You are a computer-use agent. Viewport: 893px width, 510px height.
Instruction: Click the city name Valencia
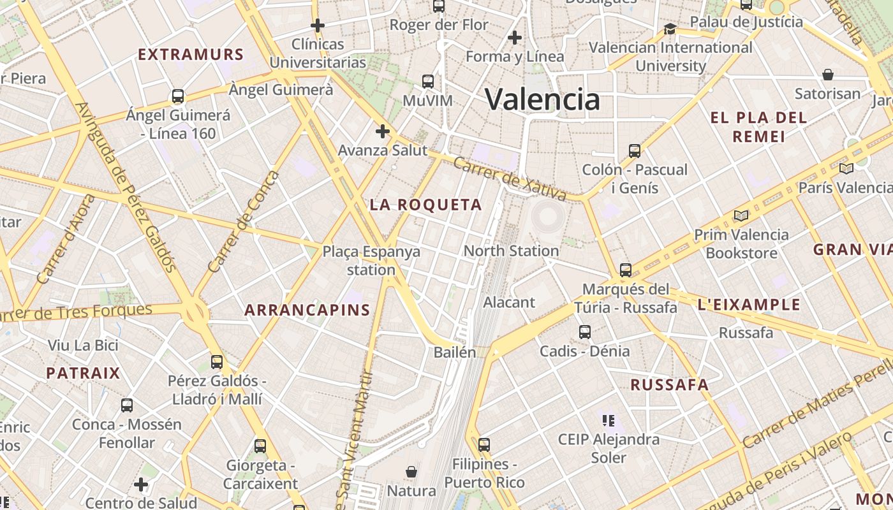(542, 99)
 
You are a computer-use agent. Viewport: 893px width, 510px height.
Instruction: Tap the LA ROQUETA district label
(426, 205)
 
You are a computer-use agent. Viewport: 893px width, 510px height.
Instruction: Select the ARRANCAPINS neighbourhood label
(307, 310)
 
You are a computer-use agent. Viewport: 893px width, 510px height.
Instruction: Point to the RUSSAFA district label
(670, 384)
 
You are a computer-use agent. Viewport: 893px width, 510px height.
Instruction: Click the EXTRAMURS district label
(191, 54)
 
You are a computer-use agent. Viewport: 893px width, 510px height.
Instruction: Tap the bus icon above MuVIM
(428, 82)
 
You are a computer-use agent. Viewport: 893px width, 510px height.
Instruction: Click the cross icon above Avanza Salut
(382, 131)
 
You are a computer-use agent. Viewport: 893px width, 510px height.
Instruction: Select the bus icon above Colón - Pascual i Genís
(634, 151)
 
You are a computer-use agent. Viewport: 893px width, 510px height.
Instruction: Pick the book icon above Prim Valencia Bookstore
(741, 216)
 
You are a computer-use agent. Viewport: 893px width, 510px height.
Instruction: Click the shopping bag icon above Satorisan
(827, 75)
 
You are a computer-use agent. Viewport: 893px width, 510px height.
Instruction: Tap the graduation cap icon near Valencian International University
(670, 29)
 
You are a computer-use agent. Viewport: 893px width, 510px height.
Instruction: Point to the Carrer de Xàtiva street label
(510, 178)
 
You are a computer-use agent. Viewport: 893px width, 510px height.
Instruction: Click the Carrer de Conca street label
(244, 221)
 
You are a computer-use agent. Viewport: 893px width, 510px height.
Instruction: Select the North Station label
(511, 251)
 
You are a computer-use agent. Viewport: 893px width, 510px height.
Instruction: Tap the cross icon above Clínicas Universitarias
(318, 25)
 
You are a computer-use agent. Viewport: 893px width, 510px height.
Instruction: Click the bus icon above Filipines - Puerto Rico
(484, 445)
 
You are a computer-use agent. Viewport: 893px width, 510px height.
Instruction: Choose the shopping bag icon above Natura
(411, 472)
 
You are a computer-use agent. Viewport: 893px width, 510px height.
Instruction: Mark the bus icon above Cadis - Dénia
(585, 332)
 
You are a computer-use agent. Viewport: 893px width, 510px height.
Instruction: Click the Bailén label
(455, 352)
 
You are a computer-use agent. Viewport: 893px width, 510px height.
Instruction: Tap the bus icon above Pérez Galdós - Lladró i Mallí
(217, 362)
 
